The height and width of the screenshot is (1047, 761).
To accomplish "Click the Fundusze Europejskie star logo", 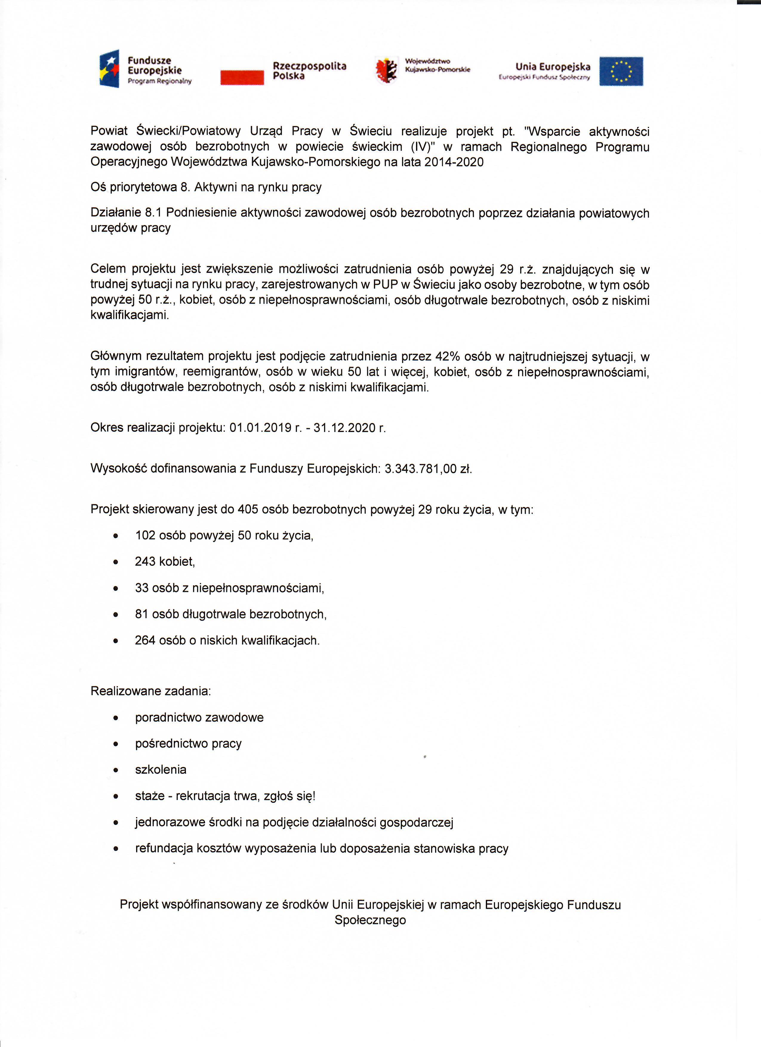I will pyautogui.click(x=109, y=69).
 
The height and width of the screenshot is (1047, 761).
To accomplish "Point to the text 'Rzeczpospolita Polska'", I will pyautogui.click(x=309, y=71).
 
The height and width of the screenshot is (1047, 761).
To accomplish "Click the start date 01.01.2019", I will pyautogui.click(x=261, y=428).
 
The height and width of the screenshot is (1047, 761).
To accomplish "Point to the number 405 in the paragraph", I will pyautogui.click(x=248, y=509).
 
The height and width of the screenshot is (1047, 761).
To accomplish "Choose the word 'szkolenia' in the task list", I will pyautogui.click(x=161, y=770).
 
